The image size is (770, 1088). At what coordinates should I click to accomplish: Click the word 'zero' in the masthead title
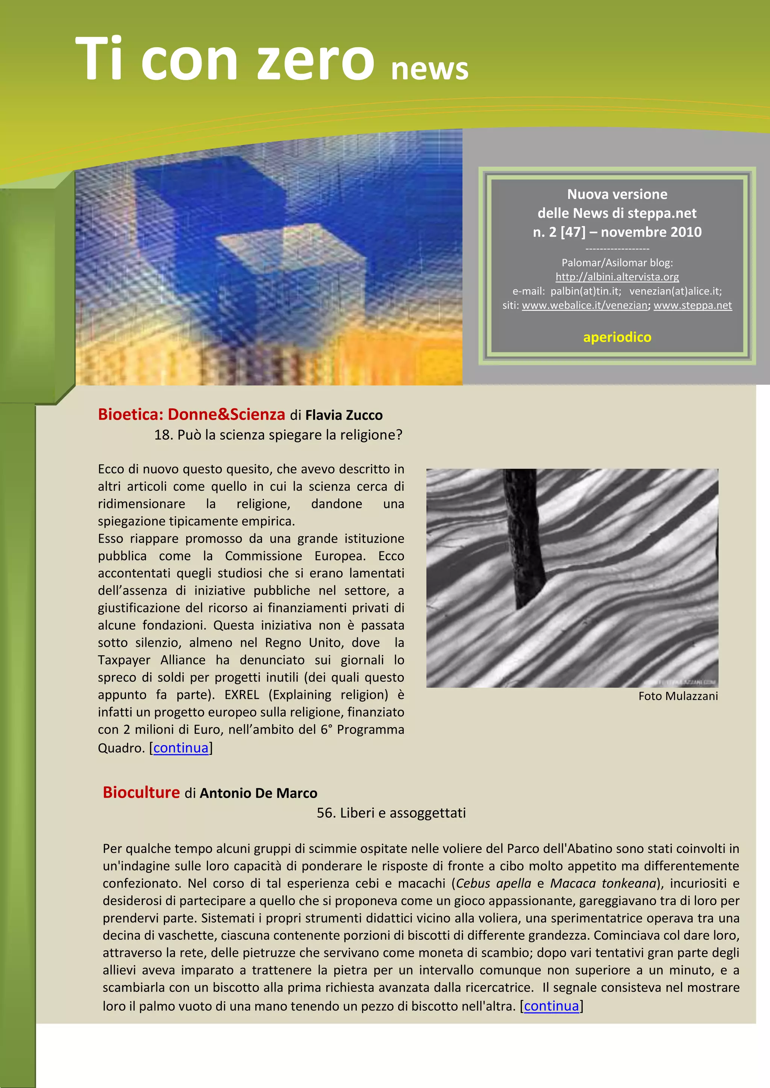tap(315, 60)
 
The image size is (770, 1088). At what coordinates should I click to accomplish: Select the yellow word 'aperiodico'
tap(617, 337)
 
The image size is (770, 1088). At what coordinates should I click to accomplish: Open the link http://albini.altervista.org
tap(617, 277)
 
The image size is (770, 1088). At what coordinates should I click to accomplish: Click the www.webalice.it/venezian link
tap(585, 306)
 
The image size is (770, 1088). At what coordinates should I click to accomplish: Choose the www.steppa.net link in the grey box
tap(692, 306)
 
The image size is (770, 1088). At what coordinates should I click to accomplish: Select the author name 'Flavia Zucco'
tap(344, 416)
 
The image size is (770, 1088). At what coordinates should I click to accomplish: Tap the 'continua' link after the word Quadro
tap(180, 748)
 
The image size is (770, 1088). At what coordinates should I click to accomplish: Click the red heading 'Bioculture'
tap(141, 792)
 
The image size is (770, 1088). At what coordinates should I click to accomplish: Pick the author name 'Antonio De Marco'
tap(258, 793)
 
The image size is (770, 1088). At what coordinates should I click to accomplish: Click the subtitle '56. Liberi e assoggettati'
tap(391, 813)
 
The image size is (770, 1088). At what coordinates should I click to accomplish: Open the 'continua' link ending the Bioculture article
tap(552, 1006)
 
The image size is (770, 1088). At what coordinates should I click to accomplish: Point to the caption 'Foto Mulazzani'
tap(678, 696)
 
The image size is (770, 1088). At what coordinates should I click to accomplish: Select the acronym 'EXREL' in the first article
tap(242, 695)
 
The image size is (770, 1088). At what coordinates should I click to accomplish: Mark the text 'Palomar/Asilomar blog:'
tap(617, 263)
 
